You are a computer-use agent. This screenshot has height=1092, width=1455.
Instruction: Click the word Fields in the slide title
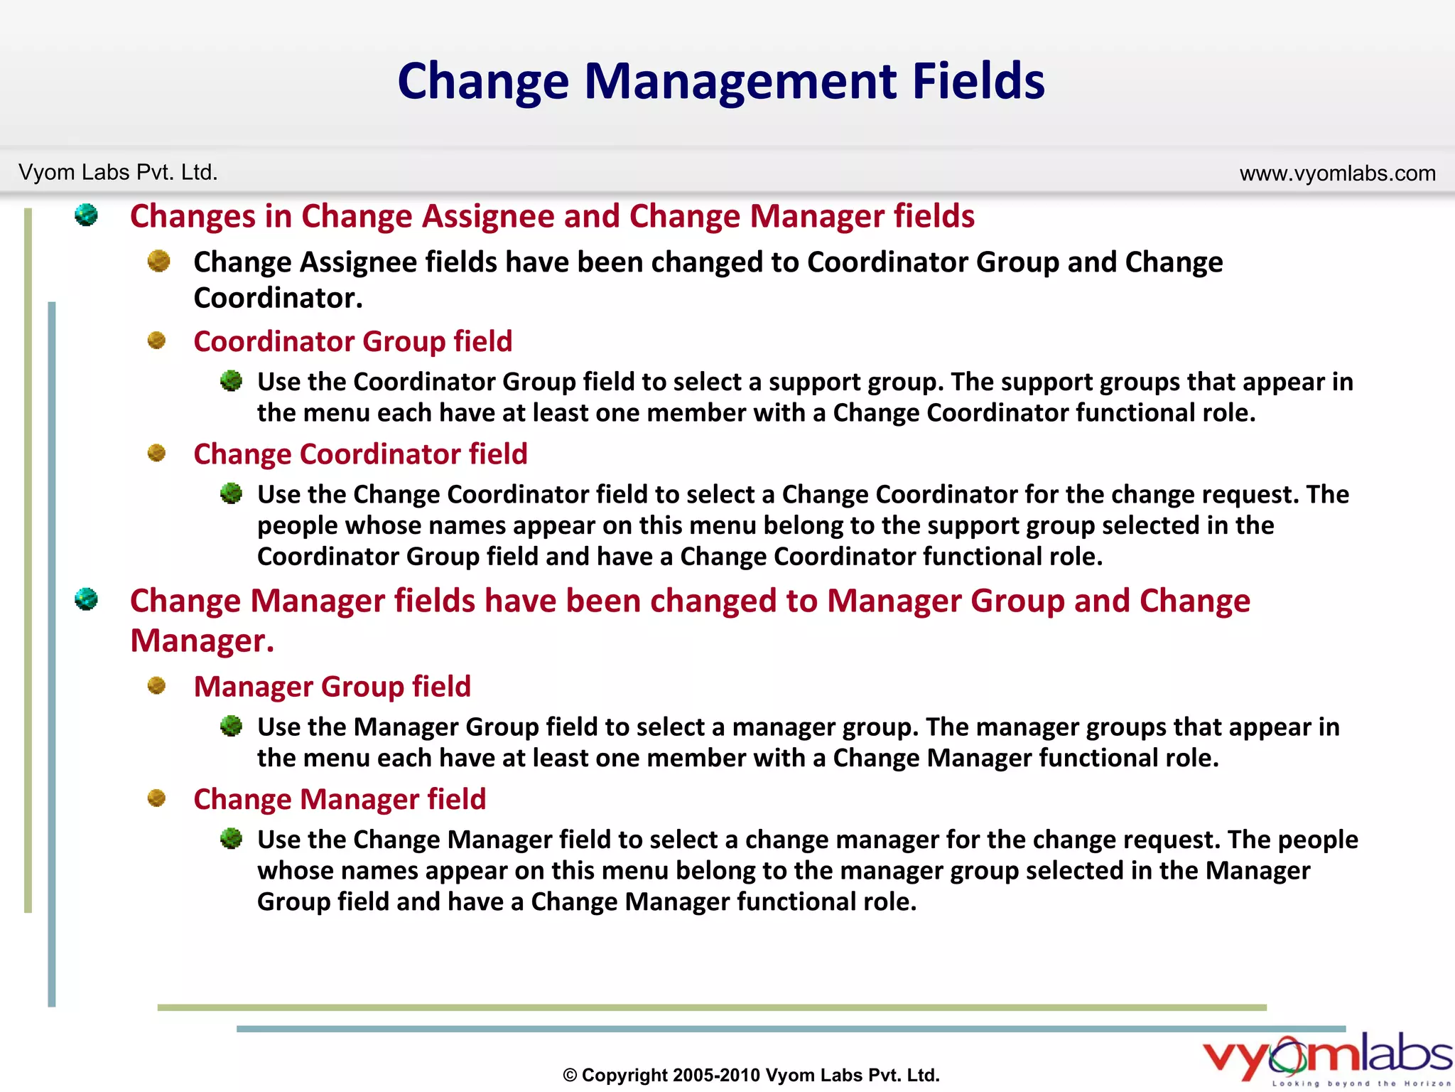pyautogui.click(x=978, y=80)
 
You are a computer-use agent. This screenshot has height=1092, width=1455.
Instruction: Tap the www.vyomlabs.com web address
pyautogui.click(x=1337, y=173)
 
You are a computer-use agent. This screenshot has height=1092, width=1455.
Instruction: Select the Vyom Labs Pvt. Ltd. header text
pyautogui.click(x=118, y=172)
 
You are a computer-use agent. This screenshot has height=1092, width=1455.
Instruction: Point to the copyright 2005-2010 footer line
pyautogui.click(x=751, y=1074)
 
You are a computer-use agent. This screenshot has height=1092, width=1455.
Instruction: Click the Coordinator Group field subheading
pyautogui.click(x=352, y=341)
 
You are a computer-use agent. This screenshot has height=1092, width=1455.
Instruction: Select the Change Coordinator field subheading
pyautogui.click(x=360, y=454)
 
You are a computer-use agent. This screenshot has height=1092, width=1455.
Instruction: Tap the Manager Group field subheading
pyautogui.click(x=332, y=686)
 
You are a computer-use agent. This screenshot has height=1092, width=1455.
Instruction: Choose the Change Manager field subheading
pyautogui.click(x=340, y=799)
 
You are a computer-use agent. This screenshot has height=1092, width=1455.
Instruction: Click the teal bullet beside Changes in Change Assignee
pyautogui.click(x=86, y=215)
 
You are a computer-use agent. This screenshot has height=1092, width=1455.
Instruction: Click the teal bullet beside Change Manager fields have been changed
pyautogui.click(x=86, y=599)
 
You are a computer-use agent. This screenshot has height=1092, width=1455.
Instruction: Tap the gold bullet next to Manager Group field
pyautogui.click(x=156, y=685)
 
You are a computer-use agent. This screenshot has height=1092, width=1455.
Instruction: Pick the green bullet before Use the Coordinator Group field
pyautogui.click(x=231, y=381)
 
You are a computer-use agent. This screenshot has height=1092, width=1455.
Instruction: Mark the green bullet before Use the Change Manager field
pyautogui.click(x=231, y=839)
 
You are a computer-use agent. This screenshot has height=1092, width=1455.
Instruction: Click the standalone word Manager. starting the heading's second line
pyautogui.click(x=202, y=641)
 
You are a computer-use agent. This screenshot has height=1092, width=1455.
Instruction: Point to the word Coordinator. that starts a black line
pyautogui.click(x=278, y=298)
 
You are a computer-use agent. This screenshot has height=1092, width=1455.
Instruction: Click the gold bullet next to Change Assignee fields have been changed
pyautogui.click(x=158, y=261)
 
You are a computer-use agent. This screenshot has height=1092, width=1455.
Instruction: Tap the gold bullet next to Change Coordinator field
pyautogui.click(x=156, y=453)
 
